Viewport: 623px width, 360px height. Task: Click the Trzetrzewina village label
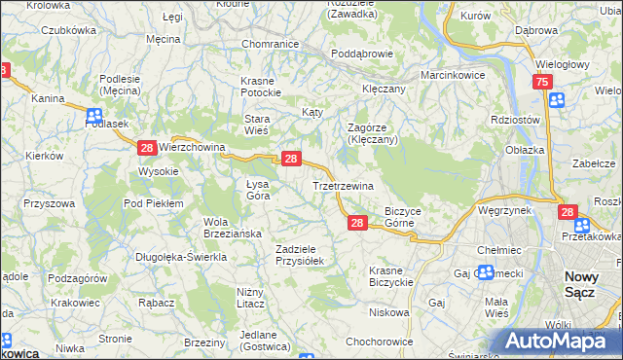342,185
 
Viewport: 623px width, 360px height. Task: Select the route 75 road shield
540,85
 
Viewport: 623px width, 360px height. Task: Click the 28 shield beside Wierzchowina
146,148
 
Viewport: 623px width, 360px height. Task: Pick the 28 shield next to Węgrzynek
568,210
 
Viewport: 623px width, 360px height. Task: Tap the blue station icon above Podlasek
93,114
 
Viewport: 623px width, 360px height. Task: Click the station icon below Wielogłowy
556,100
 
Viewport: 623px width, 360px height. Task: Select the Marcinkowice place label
452,74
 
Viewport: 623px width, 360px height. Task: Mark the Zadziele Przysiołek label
305,254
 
